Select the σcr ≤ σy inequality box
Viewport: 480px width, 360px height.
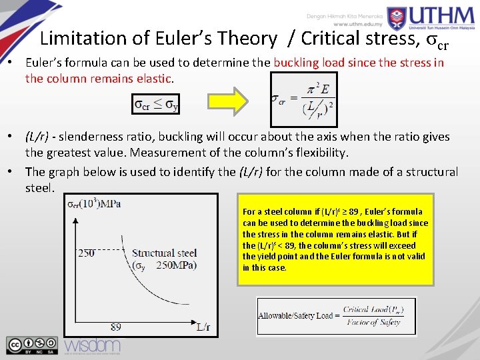pos(156,104)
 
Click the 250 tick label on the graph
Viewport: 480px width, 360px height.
pos(87,253)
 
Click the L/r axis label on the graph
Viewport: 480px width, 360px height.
pos(203,327)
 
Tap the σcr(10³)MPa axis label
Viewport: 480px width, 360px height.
pos(94,203)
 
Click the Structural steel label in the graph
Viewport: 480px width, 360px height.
pos(164,253)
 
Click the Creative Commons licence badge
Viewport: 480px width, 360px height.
pos(32,344)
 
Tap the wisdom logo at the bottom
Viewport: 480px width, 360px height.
pos(92,344)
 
